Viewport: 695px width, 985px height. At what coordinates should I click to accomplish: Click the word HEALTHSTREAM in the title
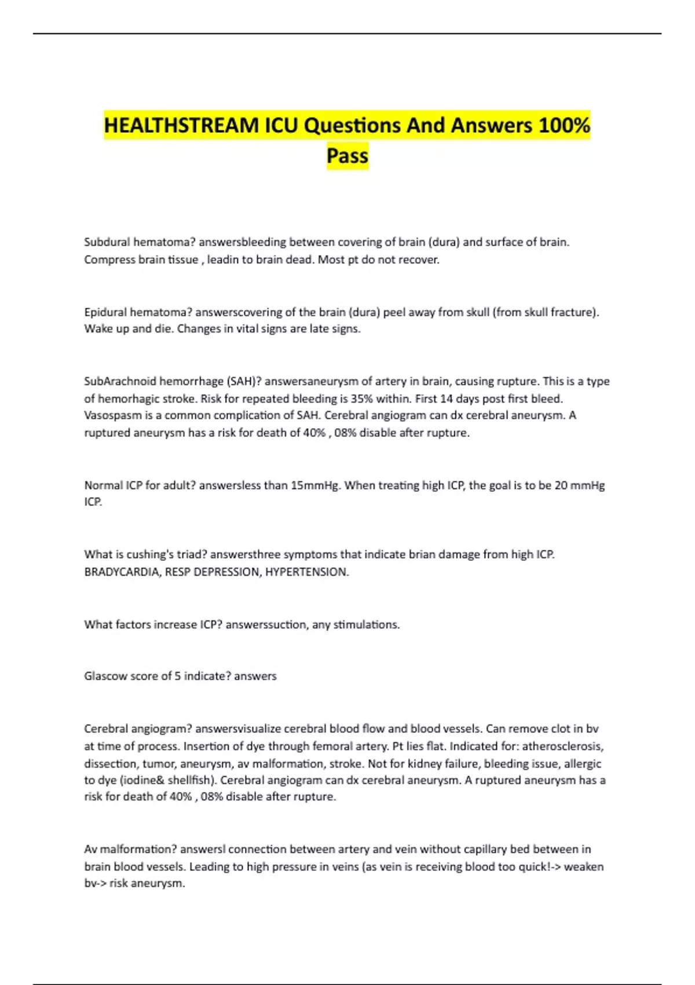181,125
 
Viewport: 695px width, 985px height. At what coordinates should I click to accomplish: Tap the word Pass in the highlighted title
348,155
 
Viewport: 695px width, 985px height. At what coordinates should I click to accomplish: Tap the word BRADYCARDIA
121,572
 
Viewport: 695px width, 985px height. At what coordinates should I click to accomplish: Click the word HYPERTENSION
306,572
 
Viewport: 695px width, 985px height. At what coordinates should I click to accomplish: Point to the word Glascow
105,676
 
